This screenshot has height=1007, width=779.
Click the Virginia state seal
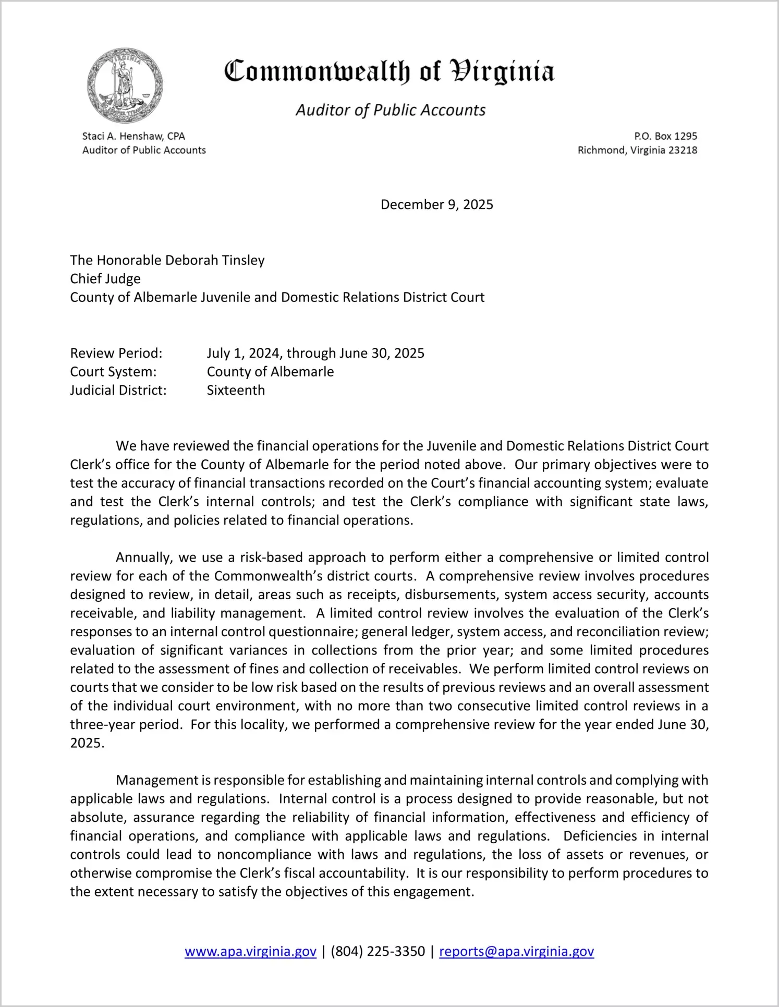click(125, 86)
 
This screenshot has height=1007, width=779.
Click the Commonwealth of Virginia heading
click(389, 71)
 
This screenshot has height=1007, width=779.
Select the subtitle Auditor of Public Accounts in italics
click(391, 110)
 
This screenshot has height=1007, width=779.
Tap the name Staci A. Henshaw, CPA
click(133, 136)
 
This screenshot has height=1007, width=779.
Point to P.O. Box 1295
click(665, 136)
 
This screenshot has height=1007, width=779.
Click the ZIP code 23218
click(683, 150)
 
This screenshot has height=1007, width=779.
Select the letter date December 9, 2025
click(436, 204)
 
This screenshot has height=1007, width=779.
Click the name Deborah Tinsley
click(215, 260)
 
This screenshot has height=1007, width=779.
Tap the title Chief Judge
click(105, 278)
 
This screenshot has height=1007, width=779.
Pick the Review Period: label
click(116, 353)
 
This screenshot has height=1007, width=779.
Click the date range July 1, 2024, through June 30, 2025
click(315, 353)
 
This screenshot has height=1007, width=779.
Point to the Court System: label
click(113, 372)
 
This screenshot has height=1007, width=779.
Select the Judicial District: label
click(118, 390)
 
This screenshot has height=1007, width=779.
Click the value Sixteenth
click(236, 390)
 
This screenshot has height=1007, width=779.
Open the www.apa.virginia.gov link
click(250, 951)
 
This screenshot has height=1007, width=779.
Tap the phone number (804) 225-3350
click(378, 951)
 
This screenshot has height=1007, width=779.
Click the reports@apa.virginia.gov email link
click(516, 951)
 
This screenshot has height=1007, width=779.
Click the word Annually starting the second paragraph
click(143, 557)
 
